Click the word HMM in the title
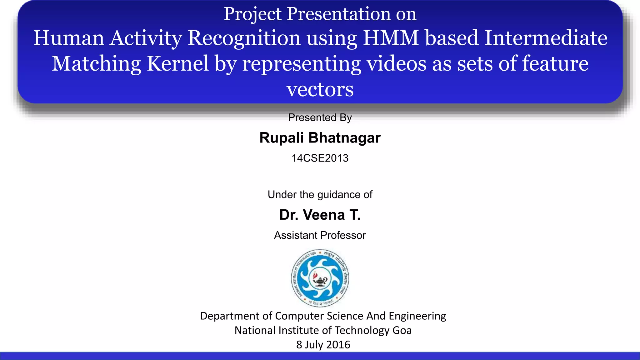(390, 38)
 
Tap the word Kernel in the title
(177, 63)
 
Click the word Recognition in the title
(244, 38)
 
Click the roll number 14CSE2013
(320, 158)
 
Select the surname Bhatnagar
(344, 138)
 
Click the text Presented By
(320, 117)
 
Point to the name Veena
(323, 215)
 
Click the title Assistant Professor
(320, 235)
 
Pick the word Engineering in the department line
(417, 316)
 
